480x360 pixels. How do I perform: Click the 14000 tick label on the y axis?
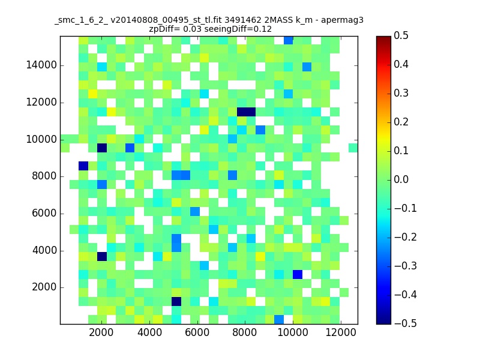[41, 65]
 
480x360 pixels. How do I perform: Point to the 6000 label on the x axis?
[197, 332]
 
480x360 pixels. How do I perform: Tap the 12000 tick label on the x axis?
[340, 332]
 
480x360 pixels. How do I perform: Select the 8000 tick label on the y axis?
[44, 176]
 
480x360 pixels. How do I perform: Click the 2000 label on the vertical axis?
[44, 287]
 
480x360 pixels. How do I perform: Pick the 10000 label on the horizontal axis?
[293, 332]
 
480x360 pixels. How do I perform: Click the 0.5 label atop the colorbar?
[401, 35]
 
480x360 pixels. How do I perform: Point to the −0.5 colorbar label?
[406, 323]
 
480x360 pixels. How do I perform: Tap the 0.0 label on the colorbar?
[401, 179]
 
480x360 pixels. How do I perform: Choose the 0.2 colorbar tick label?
[401, 122]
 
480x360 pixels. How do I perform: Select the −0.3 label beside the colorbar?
[406, 266]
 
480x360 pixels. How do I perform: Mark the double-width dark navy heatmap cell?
[246, 112]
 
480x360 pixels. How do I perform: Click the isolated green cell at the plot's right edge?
[353, 148]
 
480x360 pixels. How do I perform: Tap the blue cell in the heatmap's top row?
[288, 40]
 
